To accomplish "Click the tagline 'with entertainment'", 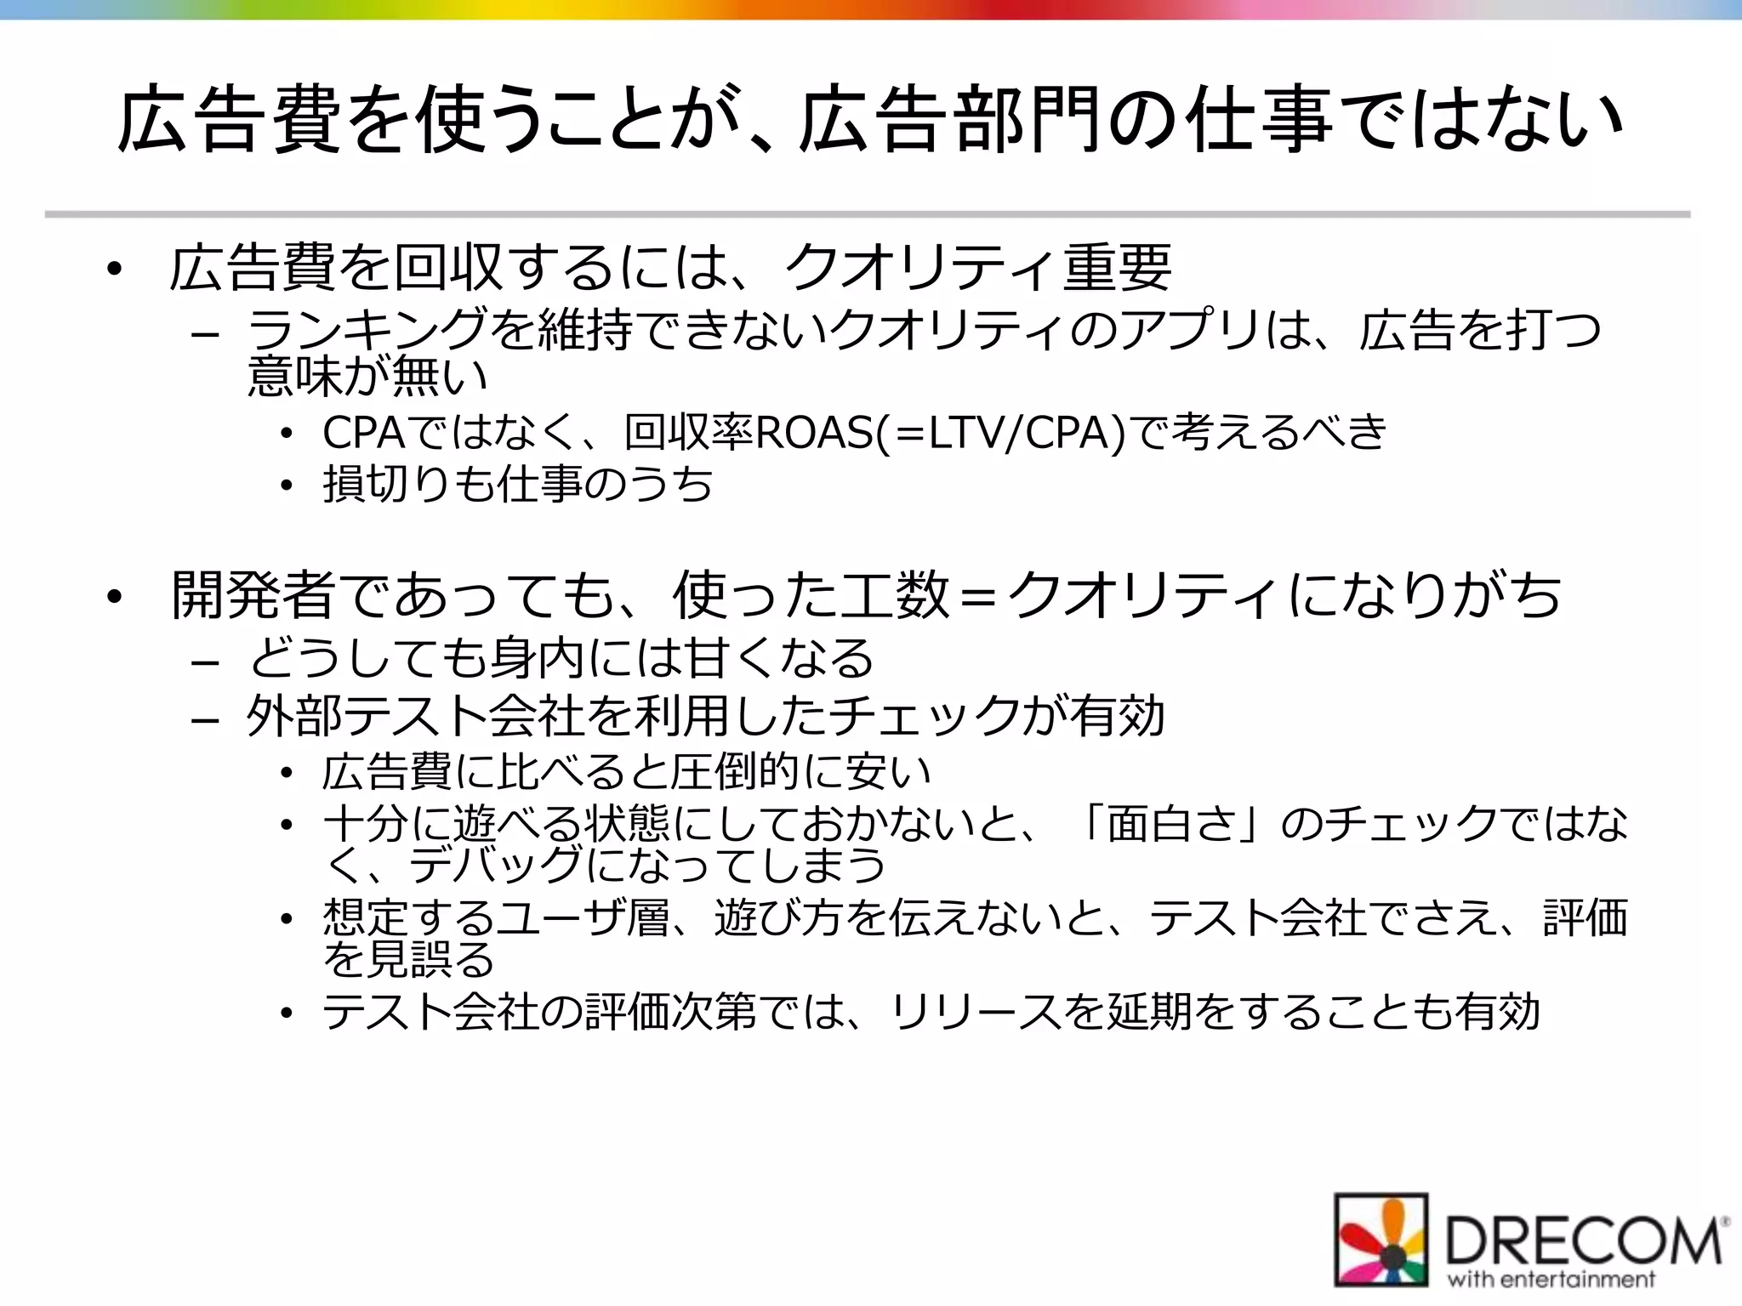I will (x=1551, y=1280).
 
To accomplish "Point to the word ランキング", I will (x=367, y=330).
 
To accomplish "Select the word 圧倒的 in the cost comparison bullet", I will (x=735, y=771).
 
